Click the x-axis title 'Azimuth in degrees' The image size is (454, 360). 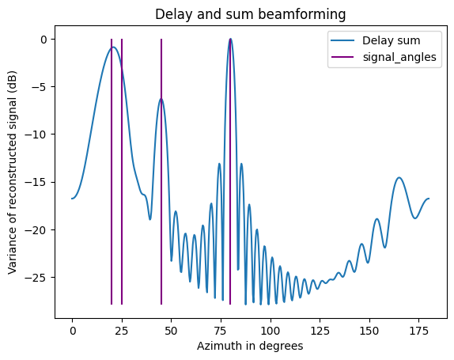tap(250, 346)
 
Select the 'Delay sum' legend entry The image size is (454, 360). tap(388, 40)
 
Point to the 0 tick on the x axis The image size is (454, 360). tap(72, 328)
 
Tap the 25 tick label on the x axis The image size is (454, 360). tap(122, 328)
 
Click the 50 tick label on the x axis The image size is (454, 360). tap(172, 328)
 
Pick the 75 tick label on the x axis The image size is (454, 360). tap(221, 328)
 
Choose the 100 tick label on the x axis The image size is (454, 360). tap(271, 328)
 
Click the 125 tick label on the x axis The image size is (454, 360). tap(320, 328)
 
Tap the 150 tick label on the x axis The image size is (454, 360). tap(369, 328)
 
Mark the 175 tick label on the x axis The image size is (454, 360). tap(418, 328)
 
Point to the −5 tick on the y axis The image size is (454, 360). tap(40, 87)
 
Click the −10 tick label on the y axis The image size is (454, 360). tap(38, 135)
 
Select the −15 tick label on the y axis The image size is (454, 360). tap(38, 182)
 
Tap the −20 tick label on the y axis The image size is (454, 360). tap(38, 229)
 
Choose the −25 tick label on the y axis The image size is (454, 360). tap(38, 277)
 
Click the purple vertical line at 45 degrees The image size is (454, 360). tap(161, 198)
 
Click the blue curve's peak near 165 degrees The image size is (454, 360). tap(399, 178)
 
